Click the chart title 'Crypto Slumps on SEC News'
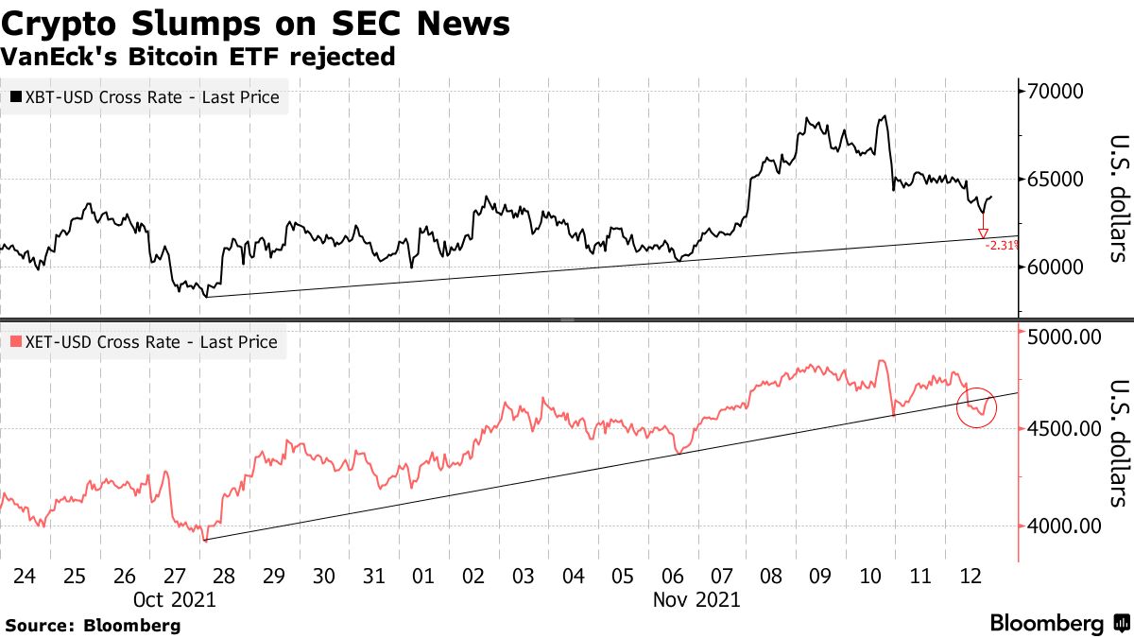click(255, 23)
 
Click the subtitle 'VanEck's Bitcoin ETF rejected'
click(198, 57)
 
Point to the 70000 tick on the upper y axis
click(1054, 92)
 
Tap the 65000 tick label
click(1054, 180)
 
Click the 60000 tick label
click(1054, 267)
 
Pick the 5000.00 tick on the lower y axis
click(1064, 336)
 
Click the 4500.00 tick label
click(1064, 429)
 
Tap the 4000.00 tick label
click(1064, 526)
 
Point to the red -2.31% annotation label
click(1001, 245)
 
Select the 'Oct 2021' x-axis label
click(176, 599)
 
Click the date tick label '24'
click(26, 576)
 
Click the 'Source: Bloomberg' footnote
click(93, 625)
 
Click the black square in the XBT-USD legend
click(18, 97)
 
